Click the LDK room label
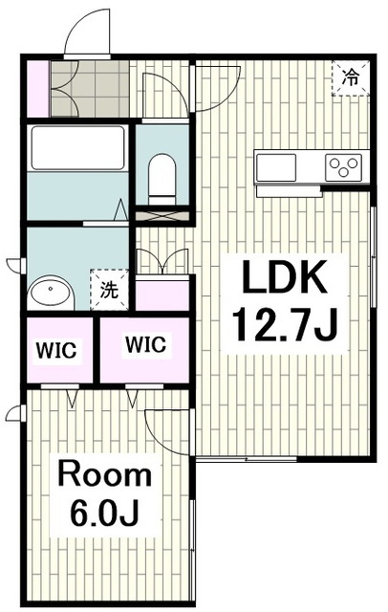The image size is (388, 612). pyautogui.click(x=284, y=276)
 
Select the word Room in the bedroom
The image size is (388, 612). pyautogui.click(x=104, y=474)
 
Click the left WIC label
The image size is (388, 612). pyautogui.click(x=56, y=350)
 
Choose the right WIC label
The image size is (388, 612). pyautogui.click(x=146, y=344)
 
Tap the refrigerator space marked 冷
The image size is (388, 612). pyautogui.click(x=350, y=78)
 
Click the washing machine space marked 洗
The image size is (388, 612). pyautogui.click(x=109, y=290)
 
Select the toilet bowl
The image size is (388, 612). pyautogui.click(x=162, y=179)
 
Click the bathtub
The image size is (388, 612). pyautogui.click(x=77, y=148)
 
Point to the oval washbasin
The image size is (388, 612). pyautogui.click(x=50, y=291)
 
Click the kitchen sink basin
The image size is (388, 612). pyautogui.click(x=276, y=167)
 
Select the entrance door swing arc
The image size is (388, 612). pyautogui.click(x=88, y=32)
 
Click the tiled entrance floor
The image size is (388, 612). pyautogui.click(x=90, y=88)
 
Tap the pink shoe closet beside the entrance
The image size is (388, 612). pyautogui.click(x=38, y=88)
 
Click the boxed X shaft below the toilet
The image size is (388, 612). pyautogui.click(x=162, y=216)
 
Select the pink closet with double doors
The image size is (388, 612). pyautogui.click(x=162, y=294)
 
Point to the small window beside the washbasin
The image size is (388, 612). pyautogui.click(x=16, y=265)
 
